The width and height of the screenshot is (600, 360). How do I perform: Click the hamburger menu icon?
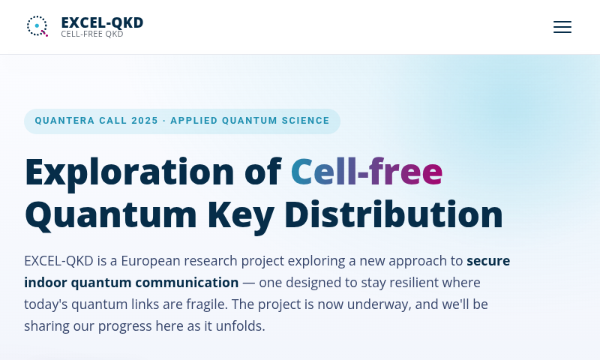tap(562, 27)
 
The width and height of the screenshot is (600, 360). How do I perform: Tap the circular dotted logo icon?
tap(37, 26)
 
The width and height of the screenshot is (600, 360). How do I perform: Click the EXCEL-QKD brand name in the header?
tap(102, 22)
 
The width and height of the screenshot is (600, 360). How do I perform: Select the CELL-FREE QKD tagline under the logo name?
tap(91, 34)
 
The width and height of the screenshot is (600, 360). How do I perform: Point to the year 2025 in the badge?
tap(145, 121)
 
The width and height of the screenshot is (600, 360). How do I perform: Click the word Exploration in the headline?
tap(129, 172)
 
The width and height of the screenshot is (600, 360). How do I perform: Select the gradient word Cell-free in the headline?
tap(367, 172)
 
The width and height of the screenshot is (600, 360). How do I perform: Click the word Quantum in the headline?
tap(111, 215)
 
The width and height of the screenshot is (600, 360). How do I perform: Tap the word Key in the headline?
tap(241, 216)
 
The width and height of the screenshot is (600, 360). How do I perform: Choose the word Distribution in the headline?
tap(393, 214)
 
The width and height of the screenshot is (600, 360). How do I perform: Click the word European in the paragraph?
tap(151, 261)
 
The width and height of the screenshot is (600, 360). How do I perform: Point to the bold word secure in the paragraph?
tap(488, 261)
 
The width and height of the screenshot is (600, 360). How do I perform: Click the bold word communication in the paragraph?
tap(187, 283)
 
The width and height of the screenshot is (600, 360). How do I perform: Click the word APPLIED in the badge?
tap(194, 121)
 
